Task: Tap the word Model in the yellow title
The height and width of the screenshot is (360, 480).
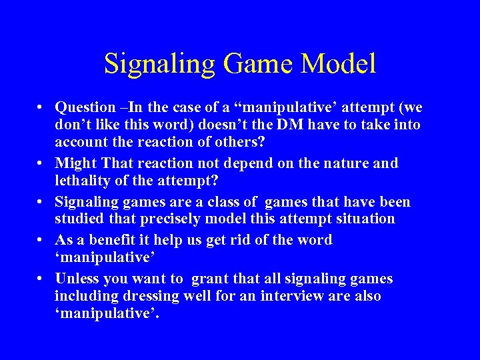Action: [339, 64]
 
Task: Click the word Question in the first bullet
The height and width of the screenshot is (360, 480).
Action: [85, 107]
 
